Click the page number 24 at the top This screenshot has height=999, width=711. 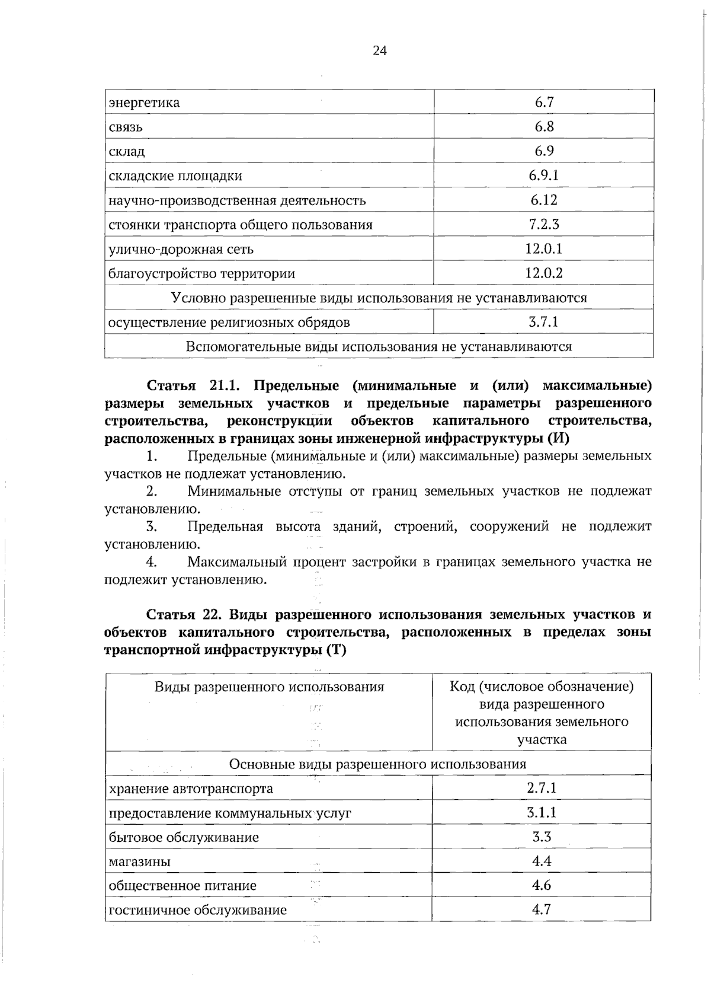click(x=380, y=51)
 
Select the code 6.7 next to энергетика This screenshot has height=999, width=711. click(x=544, y=103)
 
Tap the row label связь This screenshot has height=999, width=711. click(x=126, y=127)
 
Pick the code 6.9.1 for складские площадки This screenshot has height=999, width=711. click(x=544, y=175)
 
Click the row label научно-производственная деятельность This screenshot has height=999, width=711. click(x=237, y=200)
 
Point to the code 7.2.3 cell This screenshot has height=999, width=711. click(x=544, y=225)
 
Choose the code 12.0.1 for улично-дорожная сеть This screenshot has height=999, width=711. click(x=544, y=249)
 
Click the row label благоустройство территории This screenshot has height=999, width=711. click(x=202, y=274)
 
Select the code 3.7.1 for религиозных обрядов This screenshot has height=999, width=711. click(x=543, y=323)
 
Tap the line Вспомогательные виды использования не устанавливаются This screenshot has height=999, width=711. click(x=379, y=347)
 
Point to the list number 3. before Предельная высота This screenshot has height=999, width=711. click(x=152, y=526)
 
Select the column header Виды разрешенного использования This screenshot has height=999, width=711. click(x=270, y=687)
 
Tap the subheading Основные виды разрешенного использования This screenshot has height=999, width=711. click(x=378, y=764)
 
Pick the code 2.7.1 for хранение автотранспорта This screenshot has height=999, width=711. click(x=542, y=789)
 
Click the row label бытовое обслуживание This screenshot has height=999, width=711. click(x=184, y=838)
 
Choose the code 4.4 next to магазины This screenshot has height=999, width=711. click(x=542, y=861)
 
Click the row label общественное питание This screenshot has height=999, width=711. click(x=183, y=886)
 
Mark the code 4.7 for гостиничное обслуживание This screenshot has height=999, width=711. click(x=542, y=910)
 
